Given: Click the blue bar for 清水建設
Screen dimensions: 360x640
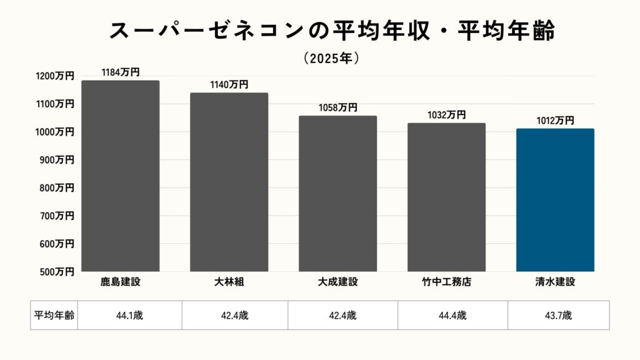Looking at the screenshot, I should click(x=555, y=200).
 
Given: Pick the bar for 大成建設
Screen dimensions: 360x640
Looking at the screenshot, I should click(x=337, y=194).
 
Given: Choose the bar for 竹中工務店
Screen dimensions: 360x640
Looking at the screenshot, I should click(x=446, y=197).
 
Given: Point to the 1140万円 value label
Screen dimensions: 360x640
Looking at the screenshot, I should click(x=229, y=85).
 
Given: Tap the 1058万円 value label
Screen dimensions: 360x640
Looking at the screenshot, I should click(x=337, y=108).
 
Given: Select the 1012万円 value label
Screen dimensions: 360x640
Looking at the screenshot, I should click(x=555, y=121).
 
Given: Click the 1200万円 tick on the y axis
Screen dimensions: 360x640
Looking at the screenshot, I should click(x=56, y=76).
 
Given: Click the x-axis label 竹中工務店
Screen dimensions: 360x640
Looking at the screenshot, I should click(x=446, y=282).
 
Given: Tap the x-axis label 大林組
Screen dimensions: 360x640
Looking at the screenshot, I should click(x=229, y=282).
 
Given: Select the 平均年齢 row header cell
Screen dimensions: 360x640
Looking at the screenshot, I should click(x=54, y=316).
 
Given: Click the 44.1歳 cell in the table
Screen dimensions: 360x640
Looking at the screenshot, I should click(x=129, y=316).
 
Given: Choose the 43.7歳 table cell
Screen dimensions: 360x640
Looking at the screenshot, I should click(x=558, y=316).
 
